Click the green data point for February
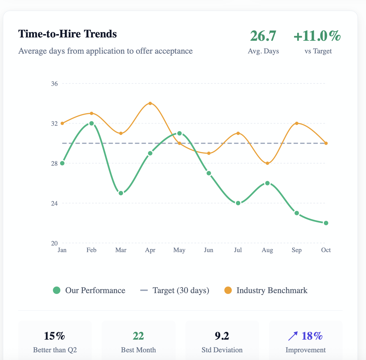(91, 123)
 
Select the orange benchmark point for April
(150, 103)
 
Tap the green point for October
(326, 223)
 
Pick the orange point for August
(267, 163)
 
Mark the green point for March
(121, 193)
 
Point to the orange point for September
(297, 123)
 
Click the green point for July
(238, 203)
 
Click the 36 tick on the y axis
(54, 84)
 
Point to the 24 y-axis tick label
(54, 203)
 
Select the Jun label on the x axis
(209, 250)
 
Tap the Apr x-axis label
(150, 250)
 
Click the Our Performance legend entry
(89, 290)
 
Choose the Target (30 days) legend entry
(175, 290)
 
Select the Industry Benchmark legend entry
(266, 290)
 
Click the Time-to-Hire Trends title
(68, 34)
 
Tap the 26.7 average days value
(263, 36)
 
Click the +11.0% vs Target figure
(317, 36)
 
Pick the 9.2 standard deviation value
(222, 336)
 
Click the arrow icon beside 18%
(293, 336)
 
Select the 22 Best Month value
(138, 336)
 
